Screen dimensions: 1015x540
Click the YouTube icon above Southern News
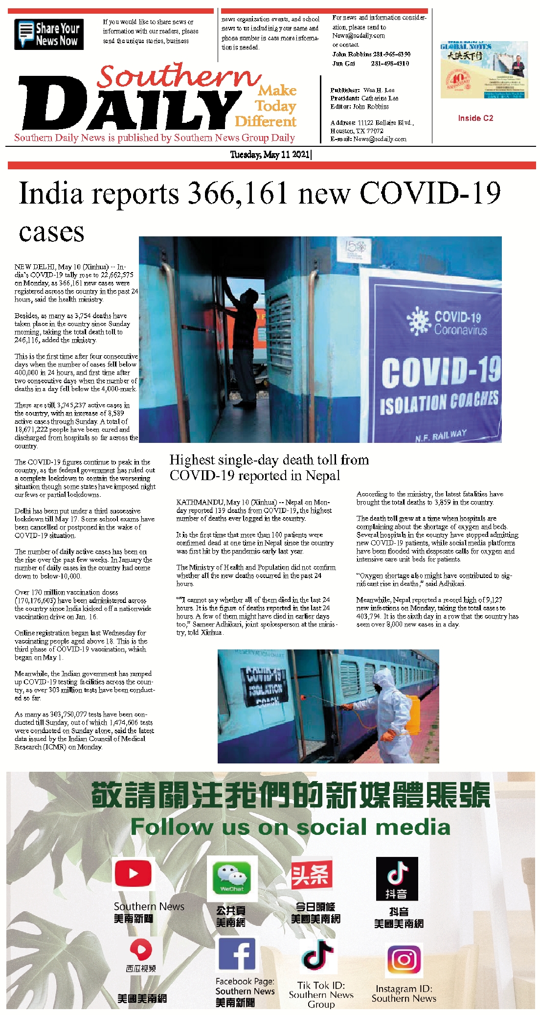tap(133, 874)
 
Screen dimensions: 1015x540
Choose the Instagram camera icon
tap(404, 960)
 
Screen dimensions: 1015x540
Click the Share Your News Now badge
tap(49, 34)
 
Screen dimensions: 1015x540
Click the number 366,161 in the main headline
tap(238, 193)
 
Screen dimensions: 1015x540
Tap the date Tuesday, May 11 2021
tap(270, 155)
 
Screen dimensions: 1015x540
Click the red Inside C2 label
tap(475, 118)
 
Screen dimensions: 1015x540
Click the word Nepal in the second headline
tap(323, 476)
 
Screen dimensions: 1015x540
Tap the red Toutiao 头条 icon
tap(312, 874)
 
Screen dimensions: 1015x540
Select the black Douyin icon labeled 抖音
tap(397, 878)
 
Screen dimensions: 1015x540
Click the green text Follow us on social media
tap(290, 827)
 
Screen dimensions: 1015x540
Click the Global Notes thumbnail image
tap(484, 70)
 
